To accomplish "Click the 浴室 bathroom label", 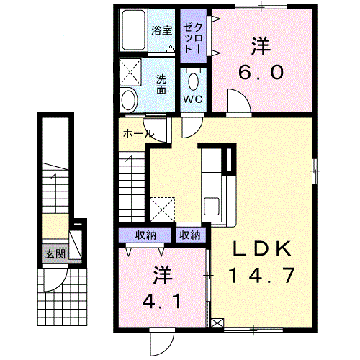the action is coord(161,30).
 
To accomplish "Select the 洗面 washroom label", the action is coord(161,84).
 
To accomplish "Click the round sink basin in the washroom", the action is coord(130,100).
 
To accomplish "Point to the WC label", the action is coord(193,99).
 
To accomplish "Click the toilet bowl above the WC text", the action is coord(194,81).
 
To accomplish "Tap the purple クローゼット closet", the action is coord(194,36).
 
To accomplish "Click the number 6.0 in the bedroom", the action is coord(261,72).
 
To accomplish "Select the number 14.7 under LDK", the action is coord(261,276).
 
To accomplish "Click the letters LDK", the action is coord(262,249).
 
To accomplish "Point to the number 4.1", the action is coord(161,301).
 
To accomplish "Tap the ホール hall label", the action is coord(138,134).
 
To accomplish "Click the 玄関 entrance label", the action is coord(55,253).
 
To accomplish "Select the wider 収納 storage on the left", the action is coord(145,235).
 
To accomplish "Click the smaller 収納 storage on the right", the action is coord(192,235).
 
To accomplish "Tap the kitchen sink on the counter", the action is coord(212,206).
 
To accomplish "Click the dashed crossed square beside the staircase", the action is coord(163,210).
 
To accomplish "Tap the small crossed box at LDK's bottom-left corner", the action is coord(217,323).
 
